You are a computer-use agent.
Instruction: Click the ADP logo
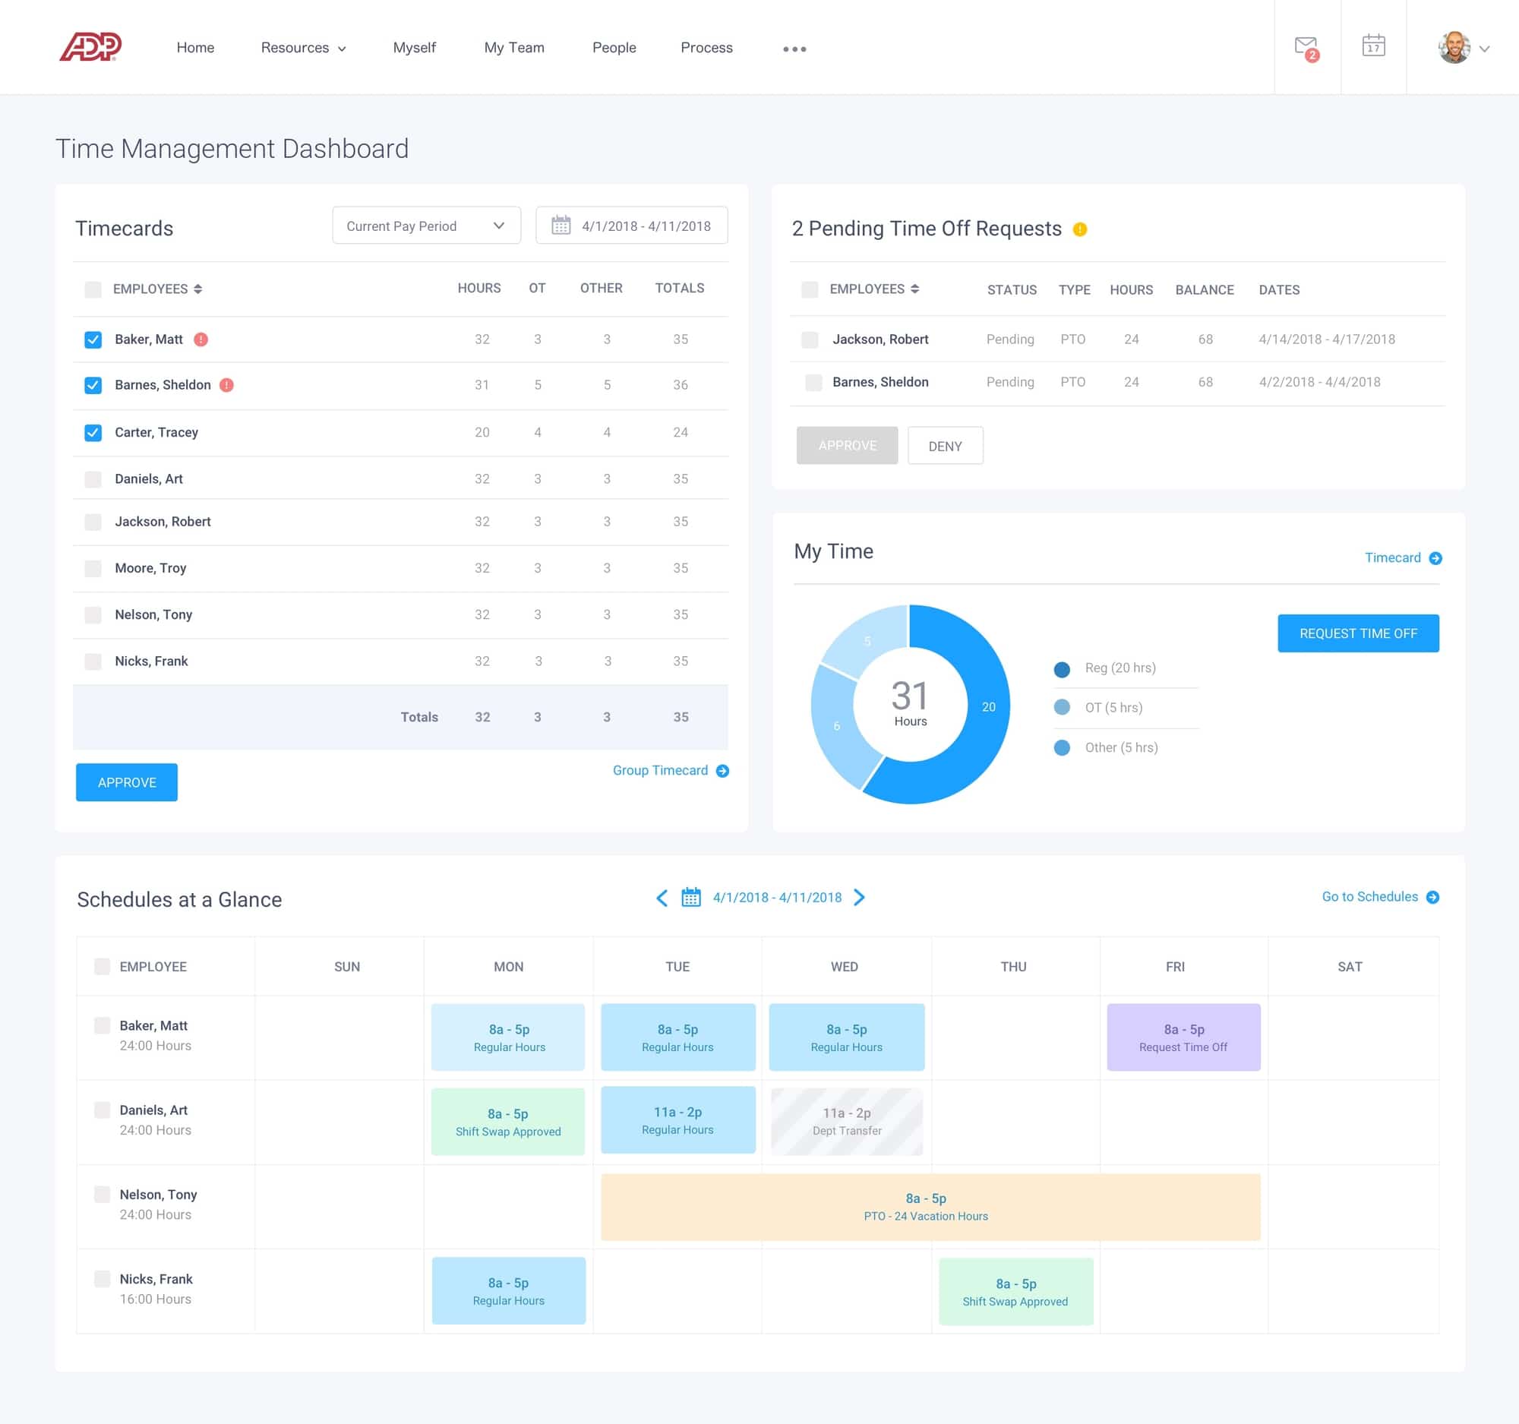click(90, 47)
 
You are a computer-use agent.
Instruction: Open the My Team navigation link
click(513, 48)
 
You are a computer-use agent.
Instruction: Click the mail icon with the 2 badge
click(1306, 47)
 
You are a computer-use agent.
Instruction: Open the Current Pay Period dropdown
click(425, 226)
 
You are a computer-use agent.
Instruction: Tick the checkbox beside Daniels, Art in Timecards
click(93, 479)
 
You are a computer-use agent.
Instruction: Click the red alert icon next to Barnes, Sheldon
click(227, 385)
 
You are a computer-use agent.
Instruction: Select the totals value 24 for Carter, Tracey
click(680, 432)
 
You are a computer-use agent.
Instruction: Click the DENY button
click(944, 446)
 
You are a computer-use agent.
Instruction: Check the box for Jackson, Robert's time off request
click(810, 339)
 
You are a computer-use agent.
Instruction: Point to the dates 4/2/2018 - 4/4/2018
click(1318, 382)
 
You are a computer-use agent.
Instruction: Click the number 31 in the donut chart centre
click(909, 696)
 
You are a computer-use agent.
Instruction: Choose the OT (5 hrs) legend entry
click(1113, 707)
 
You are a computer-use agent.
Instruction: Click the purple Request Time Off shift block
click(1183, 1037)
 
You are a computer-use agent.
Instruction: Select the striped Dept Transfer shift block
click(847, 1122)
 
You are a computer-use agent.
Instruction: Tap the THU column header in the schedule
click(1013, 967)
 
